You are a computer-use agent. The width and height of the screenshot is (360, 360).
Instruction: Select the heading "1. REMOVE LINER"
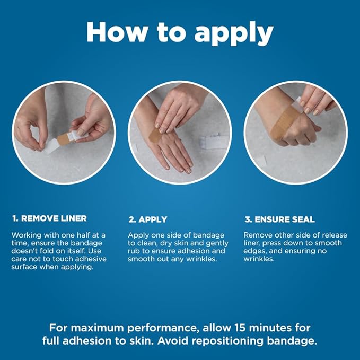(x=49, y=218)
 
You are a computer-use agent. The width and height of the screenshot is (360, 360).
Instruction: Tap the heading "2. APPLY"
(x=147, y=219)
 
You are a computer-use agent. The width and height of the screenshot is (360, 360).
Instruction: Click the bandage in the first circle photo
(x=64, y=139)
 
